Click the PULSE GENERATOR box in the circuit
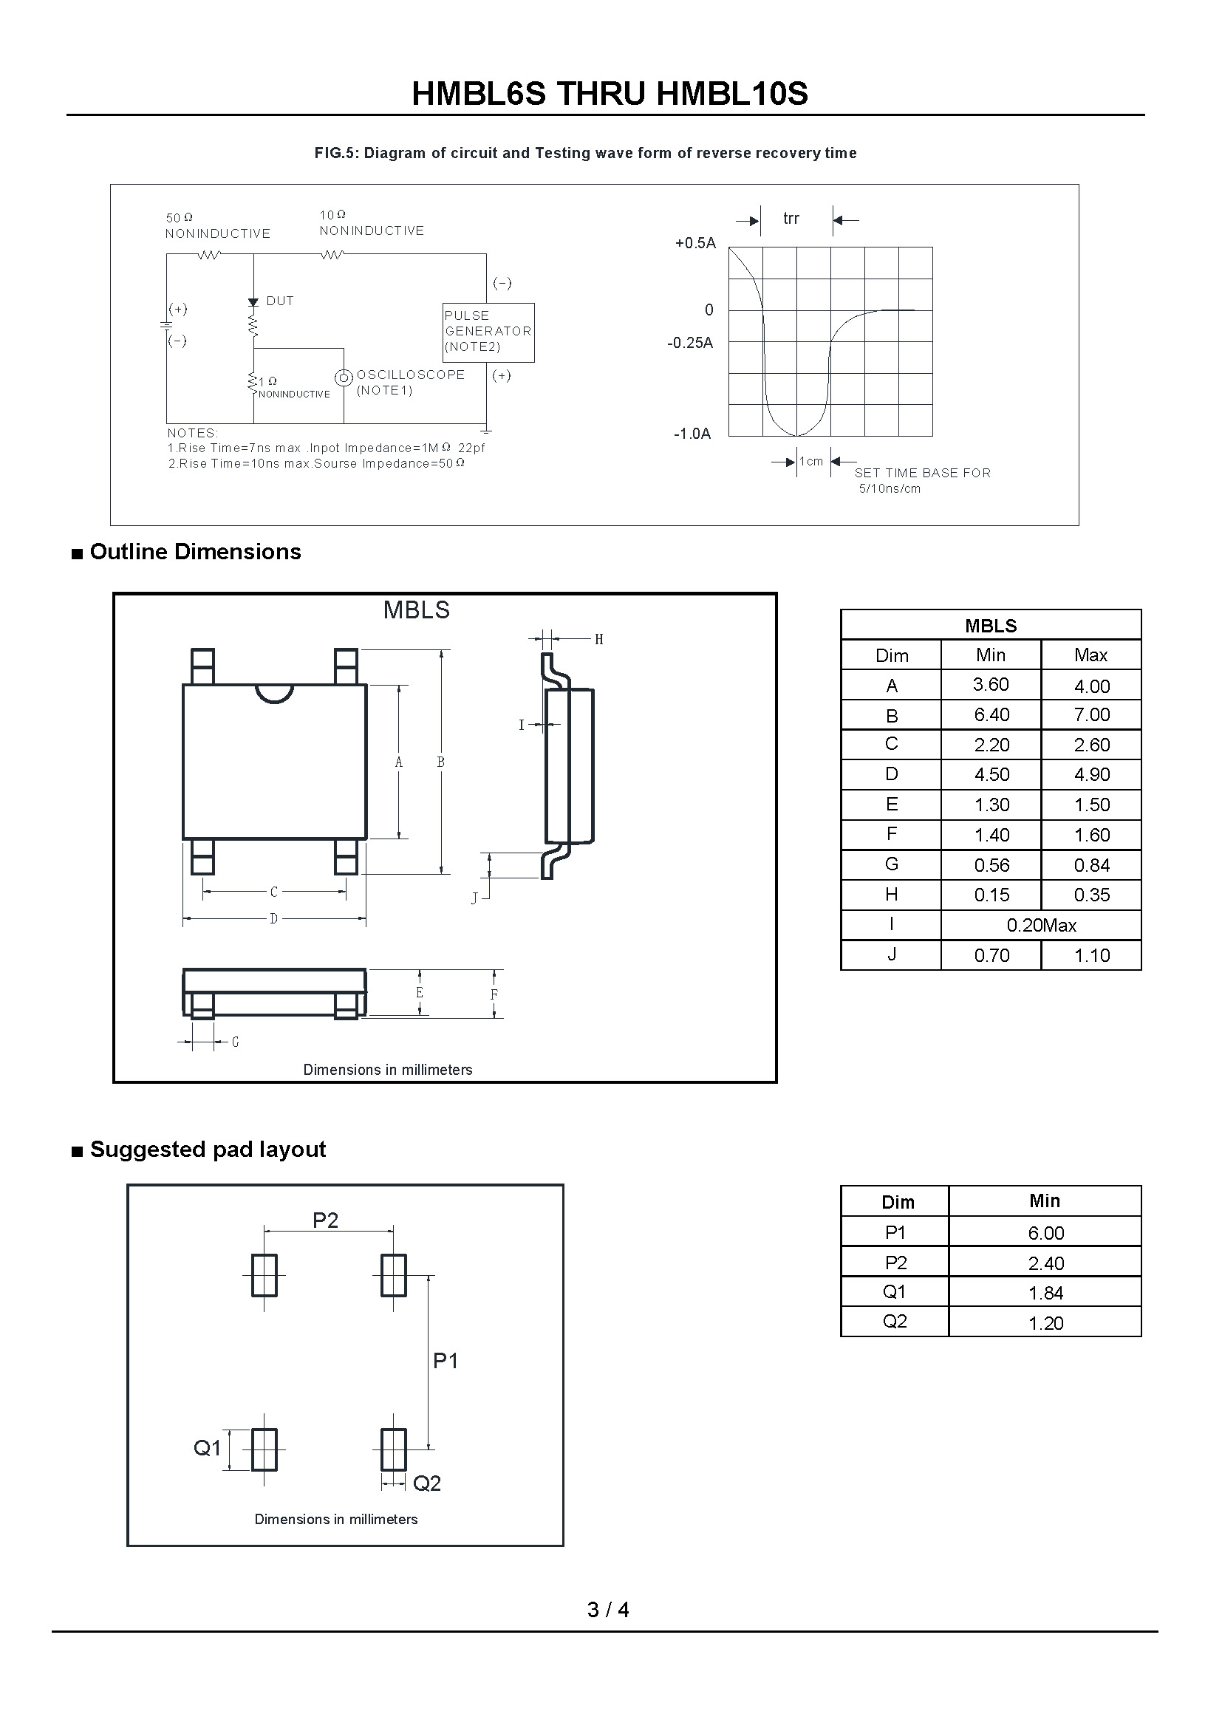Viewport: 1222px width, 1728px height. [488, 332]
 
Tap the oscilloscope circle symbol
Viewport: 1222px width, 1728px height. [344, 378]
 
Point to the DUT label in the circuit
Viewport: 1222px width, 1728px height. [280, 301]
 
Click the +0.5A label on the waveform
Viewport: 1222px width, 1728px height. [695, 243]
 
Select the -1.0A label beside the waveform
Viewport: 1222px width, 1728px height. [692, 434]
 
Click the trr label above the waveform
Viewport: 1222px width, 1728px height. [791, 218]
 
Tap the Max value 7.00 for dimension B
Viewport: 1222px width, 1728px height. [1091, 714]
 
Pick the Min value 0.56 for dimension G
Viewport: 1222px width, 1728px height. [991, 866]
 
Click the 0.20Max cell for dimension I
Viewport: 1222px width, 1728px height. [1042, 925]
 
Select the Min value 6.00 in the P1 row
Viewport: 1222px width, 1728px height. [1046, 1233]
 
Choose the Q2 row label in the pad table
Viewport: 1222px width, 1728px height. [895, 1321]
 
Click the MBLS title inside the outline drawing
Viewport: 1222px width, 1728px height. [416, 610]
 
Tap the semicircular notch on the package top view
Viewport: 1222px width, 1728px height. [275, 692]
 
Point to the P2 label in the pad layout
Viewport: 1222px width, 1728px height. [326, 1220]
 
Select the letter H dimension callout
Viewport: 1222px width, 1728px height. [599, 640]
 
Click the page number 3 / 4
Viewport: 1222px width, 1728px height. [608, 1609]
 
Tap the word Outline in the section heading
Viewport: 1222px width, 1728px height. [129, 552]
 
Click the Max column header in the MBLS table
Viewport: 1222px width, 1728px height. [1091, 655]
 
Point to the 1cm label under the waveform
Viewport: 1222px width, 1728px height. [811, 461]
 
